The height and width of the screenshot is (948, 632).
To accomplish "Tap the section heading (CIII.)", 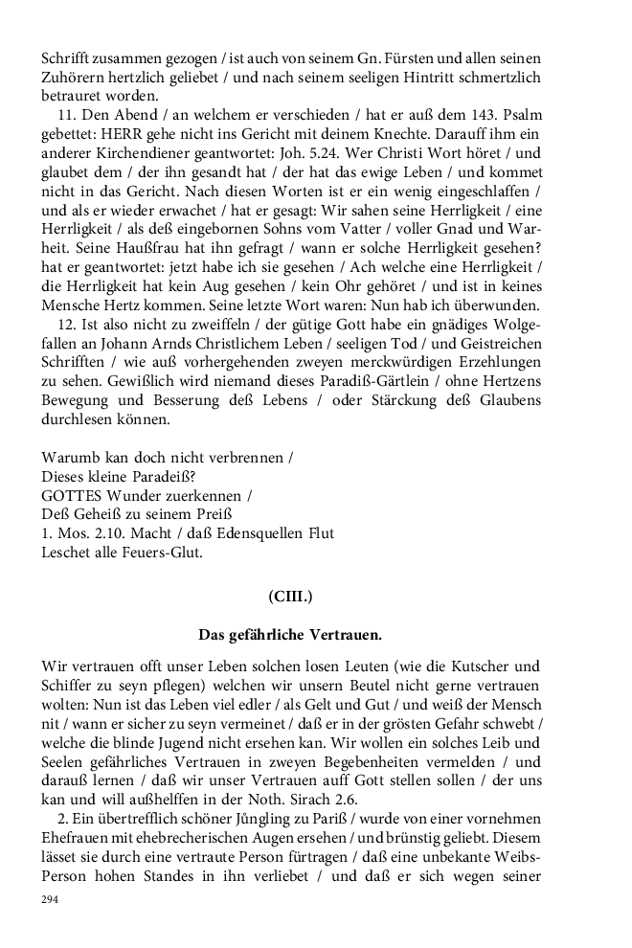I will pyautogui.click(x=290, y=596).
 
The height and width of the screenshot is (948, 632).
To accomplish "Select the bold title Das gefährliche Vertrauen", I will pyautogui.click(x=290, y=634).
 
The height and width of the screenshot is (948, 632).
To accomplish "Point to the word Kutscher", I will pyautogui.click(x=476, y=666).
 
